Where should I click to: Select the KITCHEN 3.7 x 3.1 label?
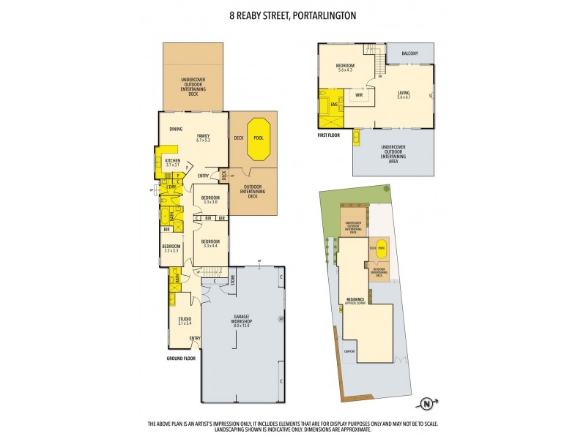coord(173,162)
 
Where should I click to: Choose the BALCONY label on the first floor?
coord(409,53)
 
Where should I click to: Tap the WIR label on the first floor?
coord(359,95)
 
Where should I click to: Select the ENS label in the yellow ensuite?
coord(334,105)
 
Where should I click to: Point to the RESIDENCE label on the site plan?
coord(355,299)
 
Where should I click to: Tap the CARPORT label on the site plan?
coord(350,351)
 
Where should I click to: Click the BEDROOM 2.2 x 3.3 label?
coord(170,248)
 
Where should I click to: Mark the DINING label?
coord(176,130)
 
